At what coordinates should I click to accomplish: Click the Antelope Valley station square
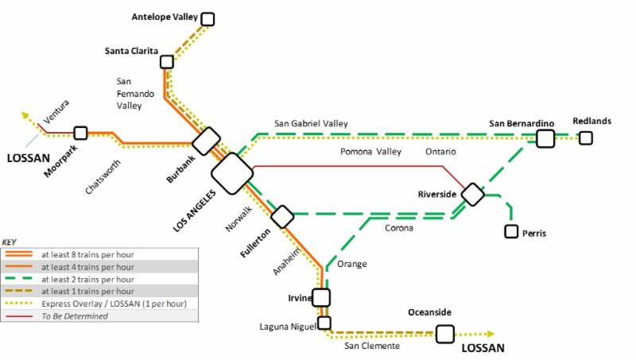point(208,18)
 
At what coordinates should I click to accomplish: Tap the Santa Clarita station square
point(167,61)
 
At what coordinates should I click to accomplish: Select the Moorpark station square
point(80,133)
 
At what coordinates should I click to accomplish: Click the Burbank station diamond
point(206,141)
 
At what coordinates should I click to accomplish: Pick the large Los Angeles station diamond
point(232,172)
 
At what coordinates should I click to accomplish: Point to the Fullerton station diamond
point(281,215)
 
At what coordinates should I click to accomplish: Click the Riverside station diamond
point(472,194)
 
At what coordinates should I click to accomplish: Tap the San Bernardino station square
point(545,138)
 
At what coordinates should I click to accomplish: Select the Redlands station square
point(586,137)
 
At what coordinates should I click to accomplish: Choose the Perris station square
point(511,232)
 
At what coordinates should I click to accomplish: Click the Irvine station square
point(321,297)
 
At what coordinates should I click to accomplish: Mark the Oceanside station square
point(444,334)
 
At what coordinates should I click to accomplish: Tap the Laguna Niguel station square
point(324,323)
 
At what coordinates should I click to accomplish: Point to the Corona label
point(399,229)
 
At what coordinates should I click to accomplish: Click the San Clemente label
point(373,346)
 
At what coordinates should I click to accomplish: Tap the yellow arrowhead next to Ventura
point(25,118)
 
